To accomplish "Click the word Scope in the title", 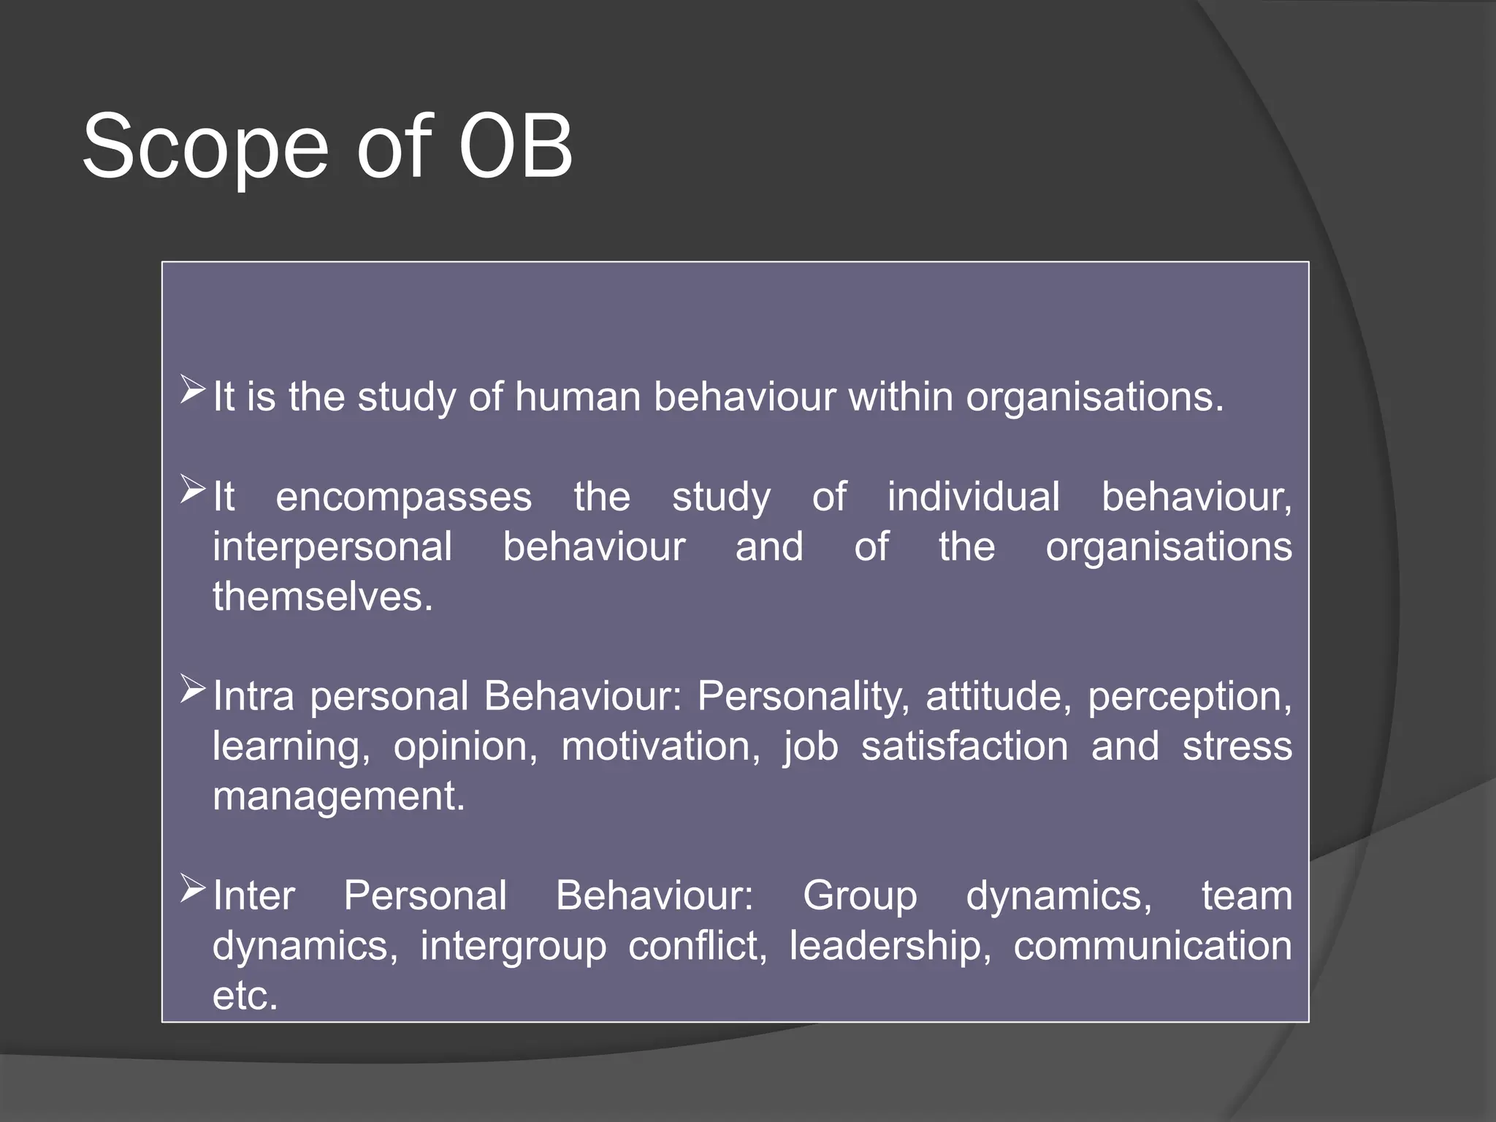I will tap(205, 148).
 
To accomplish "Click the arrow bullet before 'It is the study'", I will tap(193, 389).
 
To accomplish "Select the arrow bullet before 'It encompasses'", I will tap(193, 489).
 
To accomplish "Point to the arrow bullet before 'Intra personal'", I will tap(193, 689).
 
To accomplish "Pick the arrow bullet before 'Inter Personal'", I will tap(193, 888).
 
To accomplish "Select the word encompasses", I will tap(403, 497).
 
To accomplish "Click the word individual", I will tap(973, 497).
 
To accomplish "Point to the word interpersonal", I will tap(332, 547).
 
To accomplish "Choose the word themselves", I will tap(322, 597).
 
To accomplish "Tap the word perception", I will tap(1188, 697).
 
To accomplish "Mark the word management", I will tap(338, 796).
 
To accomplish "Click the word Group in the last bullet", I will tap(859, 896).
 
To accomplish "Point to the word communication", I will tap(1152, 946).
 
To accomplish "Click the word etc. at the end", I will tap(245, 996).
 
